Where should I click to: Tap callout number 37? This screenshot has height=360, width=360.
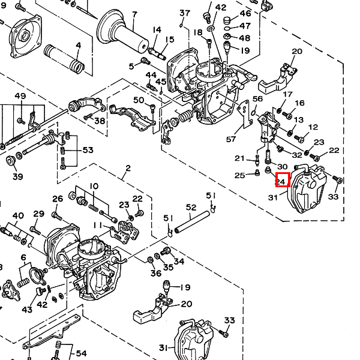click(184, 13)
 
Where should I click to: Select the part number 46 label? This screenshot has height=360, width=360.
click(245, 14)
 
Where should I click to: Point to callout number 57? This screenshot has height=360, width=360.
click(232, 139)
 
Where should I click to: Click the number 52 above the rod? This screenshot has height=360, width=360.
click(191, 208)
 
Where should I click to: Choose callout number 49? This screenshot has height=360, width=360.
click(20, 97)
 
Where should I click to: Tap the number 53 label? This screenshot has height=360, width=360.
click(88, 150)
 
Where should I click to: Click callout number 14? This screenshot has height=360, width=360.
click(157, 30)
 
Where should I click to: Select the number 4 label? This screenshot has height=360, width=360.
click(78, 45)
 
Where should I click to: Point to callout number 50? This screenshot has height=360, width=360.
click(139, 100)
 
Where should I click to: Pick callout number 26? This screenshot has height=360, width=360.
click(58, 199)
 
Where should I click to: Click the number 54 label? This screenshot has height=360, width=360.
click(81, 353)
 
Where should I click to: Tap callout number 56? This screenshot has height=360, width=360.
click(258, 99)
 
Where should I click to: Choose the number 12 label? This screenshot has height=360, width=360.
click(313, 127)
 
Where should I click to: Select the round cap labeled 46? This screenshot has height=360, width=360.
click(228, 21)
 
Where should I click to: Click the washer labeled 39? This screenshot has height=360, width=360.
click(10, 161)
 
